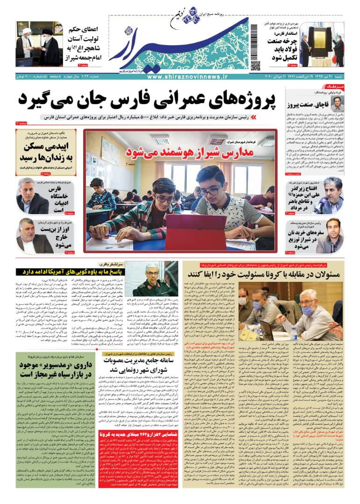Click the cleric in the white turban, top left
point(24,47)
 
